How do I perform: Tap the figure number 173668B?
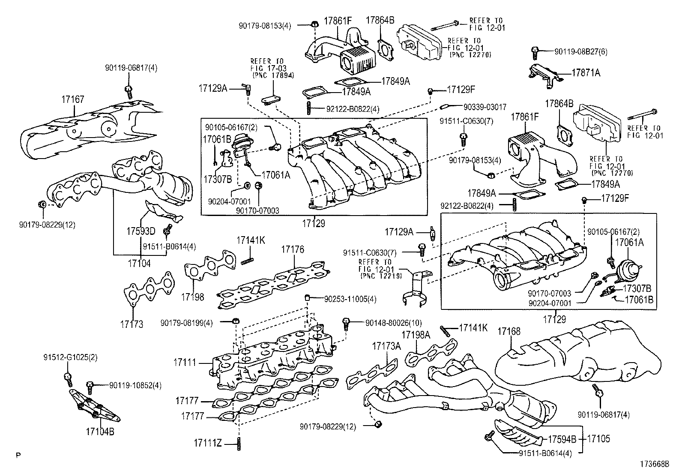tap(655, 464)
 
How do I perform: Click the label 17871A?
tap(586, 73)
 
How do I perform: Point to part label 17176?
tap(293, 249)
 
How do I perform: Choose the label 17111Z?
tap(207, 443)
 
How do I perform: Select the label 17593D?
tap(141, 232)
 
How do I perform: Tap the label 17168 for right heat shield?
tap(509, 331)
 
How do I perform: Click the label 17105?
tap(598, 439)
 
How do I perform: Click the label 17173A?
tap(386, 346)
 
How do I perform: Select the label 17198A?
tap(416, 335)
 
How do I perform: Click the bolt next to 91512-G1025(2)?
tap(68, 378)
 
